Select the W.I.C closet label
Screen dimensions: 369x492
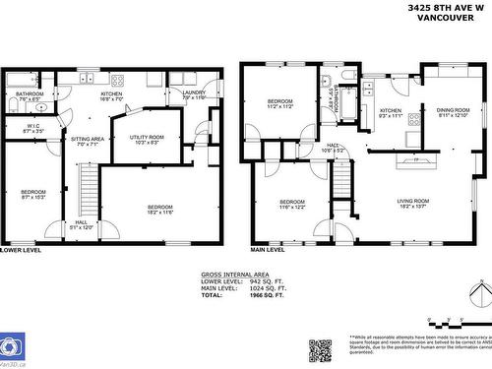coord(32,128)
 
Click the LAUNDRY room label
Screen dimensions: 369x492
coord(194,94)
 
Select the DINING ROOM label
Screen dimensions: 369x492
coord(453,112)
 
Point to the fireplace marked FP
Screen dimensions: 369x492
coord(413,158)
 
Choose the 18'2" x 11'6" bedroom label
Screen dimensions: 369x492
coord(159,209)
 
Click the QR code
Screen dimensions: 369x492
coord(321,350)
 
